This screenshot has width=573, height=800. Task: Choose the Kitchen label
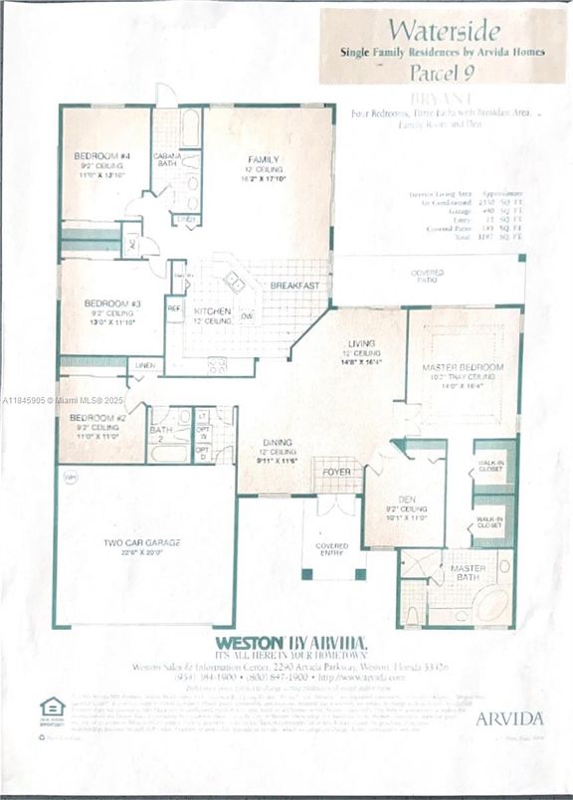coord(213,311)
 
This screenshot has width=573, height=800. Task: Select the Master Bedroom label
coord(464,367)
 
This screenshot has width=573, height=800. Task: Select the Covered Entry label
coord(331,549)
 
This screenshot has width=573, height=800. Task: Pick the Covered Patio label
coord(428,274)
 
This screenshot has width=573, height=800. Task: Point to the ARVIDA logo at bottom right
coord(509,717)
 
